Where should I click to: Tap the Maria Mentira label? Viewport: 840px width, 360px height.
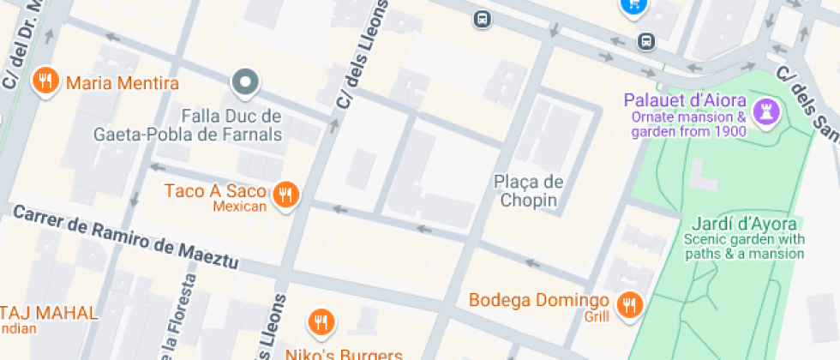coord(122,83)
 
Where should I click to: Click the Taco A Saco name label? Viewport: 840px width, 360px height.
coord(215,190)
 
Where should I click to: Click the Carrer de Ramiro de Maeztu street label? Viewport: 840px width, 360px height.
coord(125,237)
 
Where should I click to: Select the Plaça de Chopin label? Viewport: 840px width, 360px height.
coord(529,191)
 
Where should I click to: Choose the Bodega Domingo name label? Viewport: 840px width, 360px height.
coord(538,301)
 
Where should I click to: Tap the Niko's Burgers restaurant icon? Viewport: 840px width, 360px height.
coord(321,321)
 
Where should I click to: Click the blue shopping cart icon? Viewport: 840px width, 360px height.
coord(633,5)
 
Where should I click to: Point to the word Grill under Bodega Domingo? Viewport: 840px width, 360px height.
coord(597,317)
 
